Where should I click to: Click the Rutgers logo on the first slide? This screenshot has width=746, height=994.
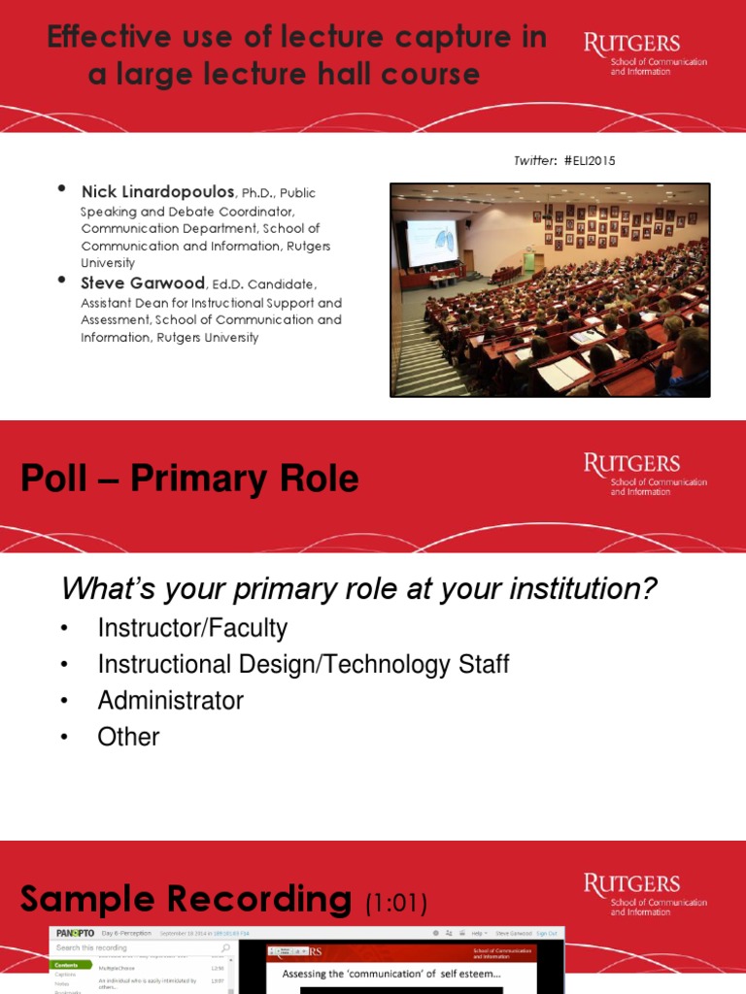click(645, 54)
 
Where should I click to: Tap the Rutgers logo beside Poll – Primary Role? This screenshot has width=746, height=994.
click(645, 474)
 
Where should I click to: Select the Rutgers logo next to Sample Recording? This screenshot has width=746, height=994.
click(645, 894)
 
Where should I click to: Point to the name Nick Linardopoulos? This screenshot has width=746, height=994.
click(157, 192)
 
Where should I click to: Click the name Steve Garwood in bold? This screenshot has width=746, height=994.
click(142, 283)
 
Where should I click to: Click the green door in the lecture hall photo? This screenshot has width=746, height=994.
click(529, 260)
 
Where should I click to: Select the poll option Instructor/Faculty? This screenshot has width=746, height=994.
click(192, 628)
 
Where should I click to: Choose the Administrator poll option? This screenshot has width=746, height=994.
click(170, 701)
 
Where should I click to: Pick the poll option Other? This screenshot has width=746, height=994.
click(128, 737)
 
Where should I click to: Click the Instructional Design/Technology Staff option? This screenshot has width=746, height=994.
click(303, 665)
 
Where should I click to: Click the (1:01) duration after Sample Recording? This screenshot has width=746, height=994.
click(395, 904)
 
